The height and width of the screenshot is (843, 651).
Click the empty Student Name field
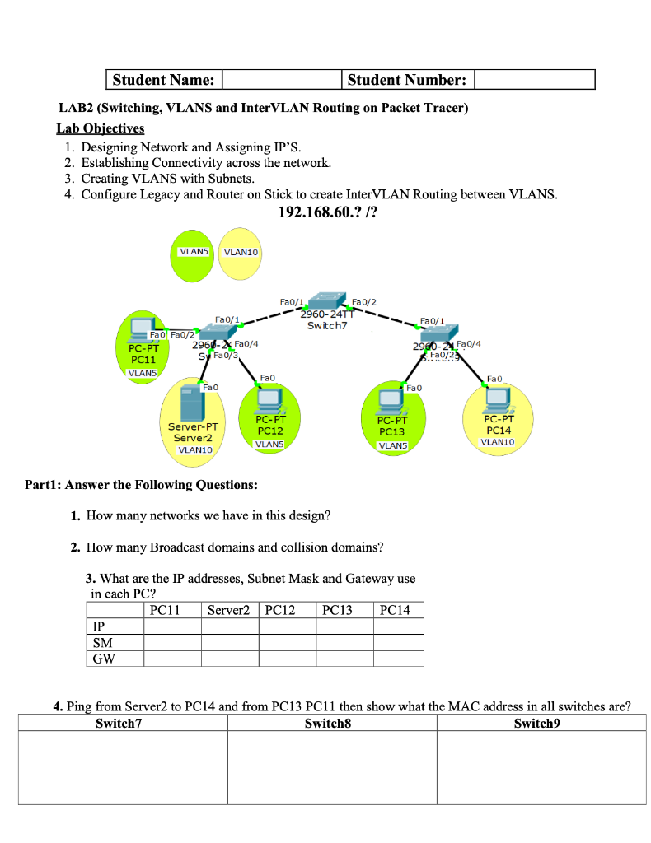[281, 80]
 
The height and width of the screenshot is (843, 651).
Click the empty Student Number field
[534, 80]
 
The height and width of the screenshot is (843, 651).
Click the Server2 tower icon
[191, 401]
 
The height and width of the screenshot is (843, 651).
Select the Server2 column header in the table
[230, 610]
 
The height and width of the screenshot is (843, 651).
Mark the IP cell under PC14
[399, 626]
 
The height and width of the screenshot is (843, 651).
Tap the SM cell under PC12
[287, 642]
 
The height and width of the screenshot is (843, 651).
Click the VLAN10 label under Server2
[195, 449]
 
